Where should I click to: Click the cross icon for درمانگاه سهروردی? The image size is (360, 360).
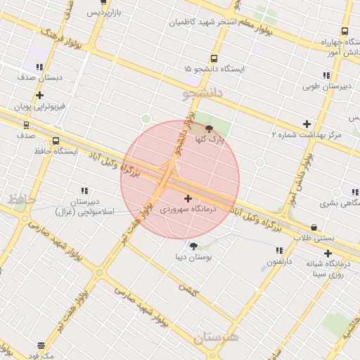[x=188, y=199]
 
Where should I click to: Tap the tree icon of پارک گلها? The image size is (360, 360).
[x=208, y=129]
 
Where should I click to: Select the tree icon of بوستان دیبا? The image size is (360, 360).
[x=193, y=245]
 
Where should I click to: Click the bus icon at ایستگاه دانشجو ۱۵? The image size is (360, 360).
[x=214, y=58]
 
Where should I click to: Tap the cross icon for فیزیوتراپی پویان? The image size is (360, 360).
[x=39, y=95]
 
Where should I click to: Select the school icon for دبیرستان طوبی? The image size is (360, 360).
[x=326, y=75]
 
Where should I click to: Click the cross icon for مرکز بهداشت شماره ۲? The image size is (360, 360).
[x=306, y=124]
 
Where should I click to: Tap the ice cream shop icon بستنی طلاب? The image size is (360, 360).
[x=313, y=227]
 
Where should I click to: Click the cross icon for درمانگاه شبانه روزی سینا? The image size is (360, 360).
[x=328, y=252]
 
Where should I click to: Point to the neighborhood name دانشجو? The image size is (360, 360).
[x=202, y=92]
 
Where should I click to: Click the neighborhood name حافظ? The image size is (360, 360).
[x=21, y=200]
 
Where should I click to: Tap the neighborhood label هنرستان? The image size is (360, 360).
[x=216, y=337]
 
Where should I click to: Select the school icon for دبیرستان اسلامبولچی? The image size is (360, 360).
[x=84, y=191]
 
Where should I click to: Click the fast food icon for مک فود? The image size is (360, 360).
[x=41, y=345]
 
